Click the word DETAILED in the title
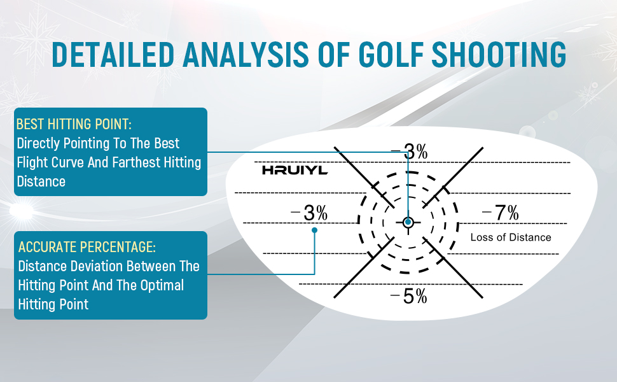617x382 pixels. tap(113, 54)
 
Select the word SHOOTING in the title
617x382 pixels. tap(499, 54)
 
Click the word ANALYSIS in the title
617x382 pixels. tap(246, 54)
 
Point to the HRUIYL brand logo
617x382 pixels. tap(295, 170)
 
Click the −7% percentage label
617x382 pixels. tap(500, 213)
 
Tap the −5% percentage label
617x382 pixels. tap(408, 296)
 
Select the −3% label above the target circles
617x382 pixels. tap(409, 152)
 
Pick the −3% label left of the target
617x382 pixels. tap(309, 213)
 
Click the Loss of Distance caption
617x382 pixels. tap(511, 237)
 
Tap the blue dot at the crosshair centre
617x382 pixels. tap(408, 222)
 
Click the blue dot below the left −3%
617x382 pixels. tap(314, 230)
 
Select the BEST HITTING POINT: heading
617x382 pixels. tap(74, 124)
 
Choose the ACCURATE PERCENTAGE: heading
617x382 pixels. tap(87, 247)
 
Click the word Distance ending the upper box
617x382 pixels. tap(41, 181)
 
